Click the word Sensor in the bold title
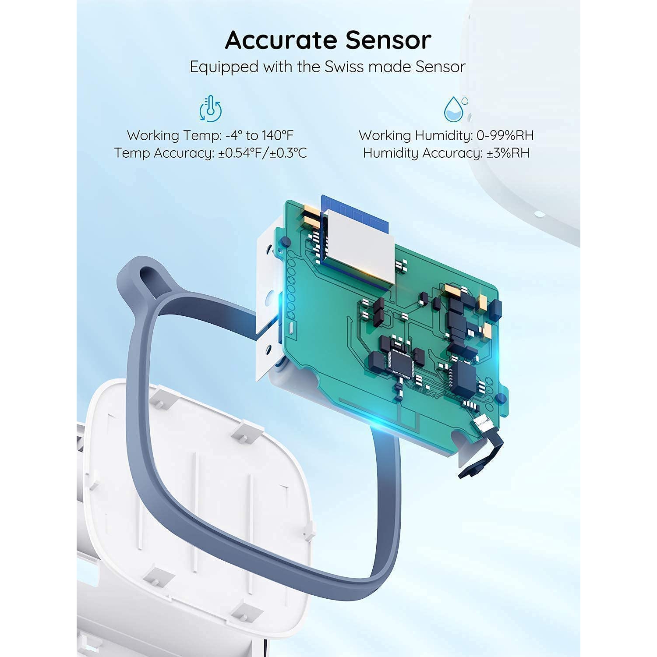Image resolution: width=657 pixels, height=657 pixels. (x=389, y=40)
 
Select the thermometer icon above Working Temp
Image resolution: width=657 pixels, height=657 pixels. (x=211, y=109)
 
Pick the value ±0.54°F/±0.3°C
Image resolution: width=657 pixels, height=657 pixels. (x=262, y=153)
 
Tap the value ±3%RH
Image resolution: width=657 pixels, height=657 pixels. (x=508, y=153)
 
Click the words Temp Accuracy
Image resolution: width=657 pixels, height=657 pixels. (x=164, y=153)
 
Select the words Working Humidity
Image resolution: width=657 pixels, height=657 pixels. (x=415, y=135)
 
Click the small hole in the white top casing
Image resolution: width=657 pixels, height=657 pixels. (x=539, y=214)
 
